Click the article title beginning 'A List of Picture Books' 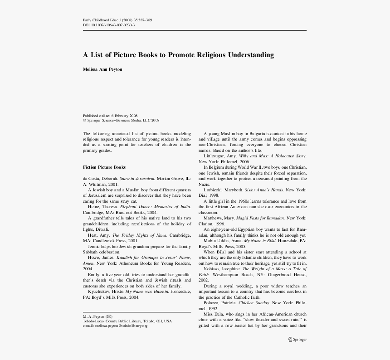coord(178,55)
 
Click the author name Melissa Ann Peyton coord(102,69)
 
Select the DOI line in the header coord(108,25)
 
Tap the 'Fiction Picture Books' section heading coord(104,167)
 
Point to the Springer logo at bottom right coord(297,339)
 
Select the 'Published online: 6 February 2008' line coord(110,116)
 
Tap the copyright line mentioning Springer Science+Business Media coord(121,121)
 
